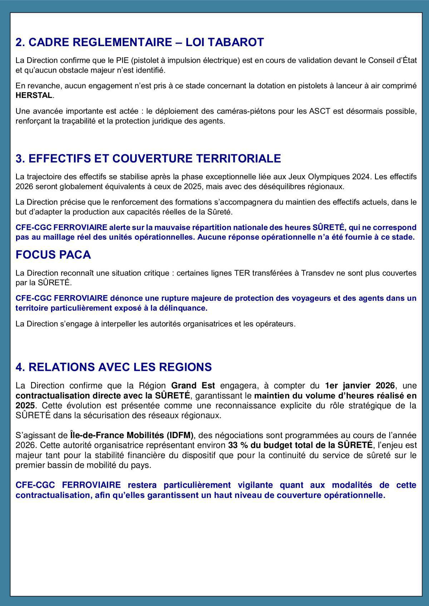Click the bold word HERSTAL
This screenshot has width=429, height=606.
tap(34, 96)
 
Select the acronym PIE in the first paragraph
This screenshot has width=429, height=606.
tap(113, 60)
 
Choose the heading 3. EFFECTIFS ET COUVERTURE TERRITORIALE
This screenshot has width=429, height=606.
tap(148, 158)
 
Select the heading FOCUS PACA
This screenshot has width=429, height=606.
tap(53, 255)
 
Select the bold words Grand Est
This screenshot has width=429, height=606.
tap(193, 386)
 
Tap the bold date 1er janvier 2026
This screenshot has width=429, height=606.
tap(360, 386)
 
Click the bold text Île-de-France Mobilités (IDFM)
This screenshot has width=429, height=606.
tap(132, 435)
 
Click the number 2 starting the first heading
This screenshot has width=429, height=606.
tap(19, 42)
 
